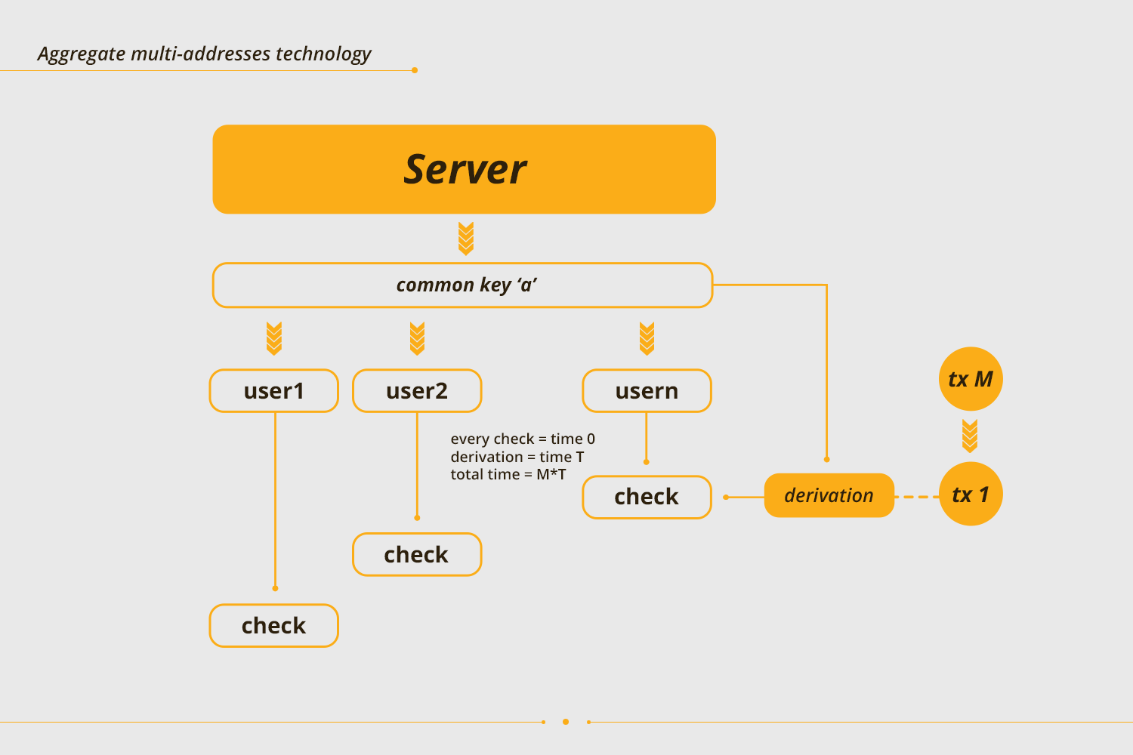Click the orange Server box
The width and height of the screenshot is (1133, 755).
click(464, 169)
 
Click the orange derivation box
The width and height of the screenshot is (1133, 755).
click(829, 495)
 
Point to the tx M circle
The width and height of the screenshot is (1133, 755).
click(971, 379)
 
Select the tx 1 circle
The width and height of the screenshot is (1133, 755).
click(971, 494)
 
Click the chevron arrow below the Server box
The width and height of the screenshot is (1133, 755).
click(466, 239)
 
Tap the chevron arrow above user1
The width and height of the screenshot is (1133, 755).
click(274, 338)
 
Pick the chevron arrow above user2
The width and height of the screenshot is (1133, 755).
click(417, 338)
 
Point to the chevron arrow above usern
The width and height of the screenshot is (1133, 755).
click(647, 338)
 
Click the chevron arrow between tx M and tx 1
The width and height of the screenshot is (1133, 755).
click(970, 436)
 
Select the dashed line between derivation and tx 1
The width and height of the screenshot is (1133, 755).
click(916, 497)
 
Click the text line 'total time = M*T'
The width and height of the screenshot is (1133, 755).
click(508, 474)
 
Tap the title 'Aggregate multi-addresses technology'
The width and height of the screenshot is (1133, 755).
click(205, 54)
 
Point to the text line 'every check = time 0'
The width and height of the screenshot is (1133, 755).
click(523, 439)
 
